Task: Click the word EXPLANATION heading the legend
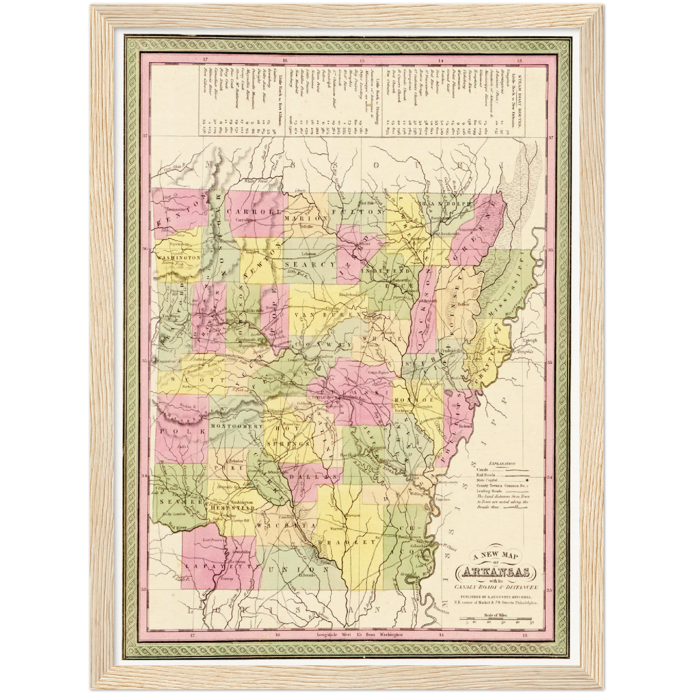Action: pyautogui.click(x=501, y=464)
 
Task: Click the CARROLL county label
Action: pyautogui.click(x=253, y=211)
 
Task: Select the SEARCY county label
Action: pyautogui.click(x=308, y=264)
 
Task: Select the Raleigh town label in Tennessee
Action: pyautogui.click(x=530, y=340)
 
